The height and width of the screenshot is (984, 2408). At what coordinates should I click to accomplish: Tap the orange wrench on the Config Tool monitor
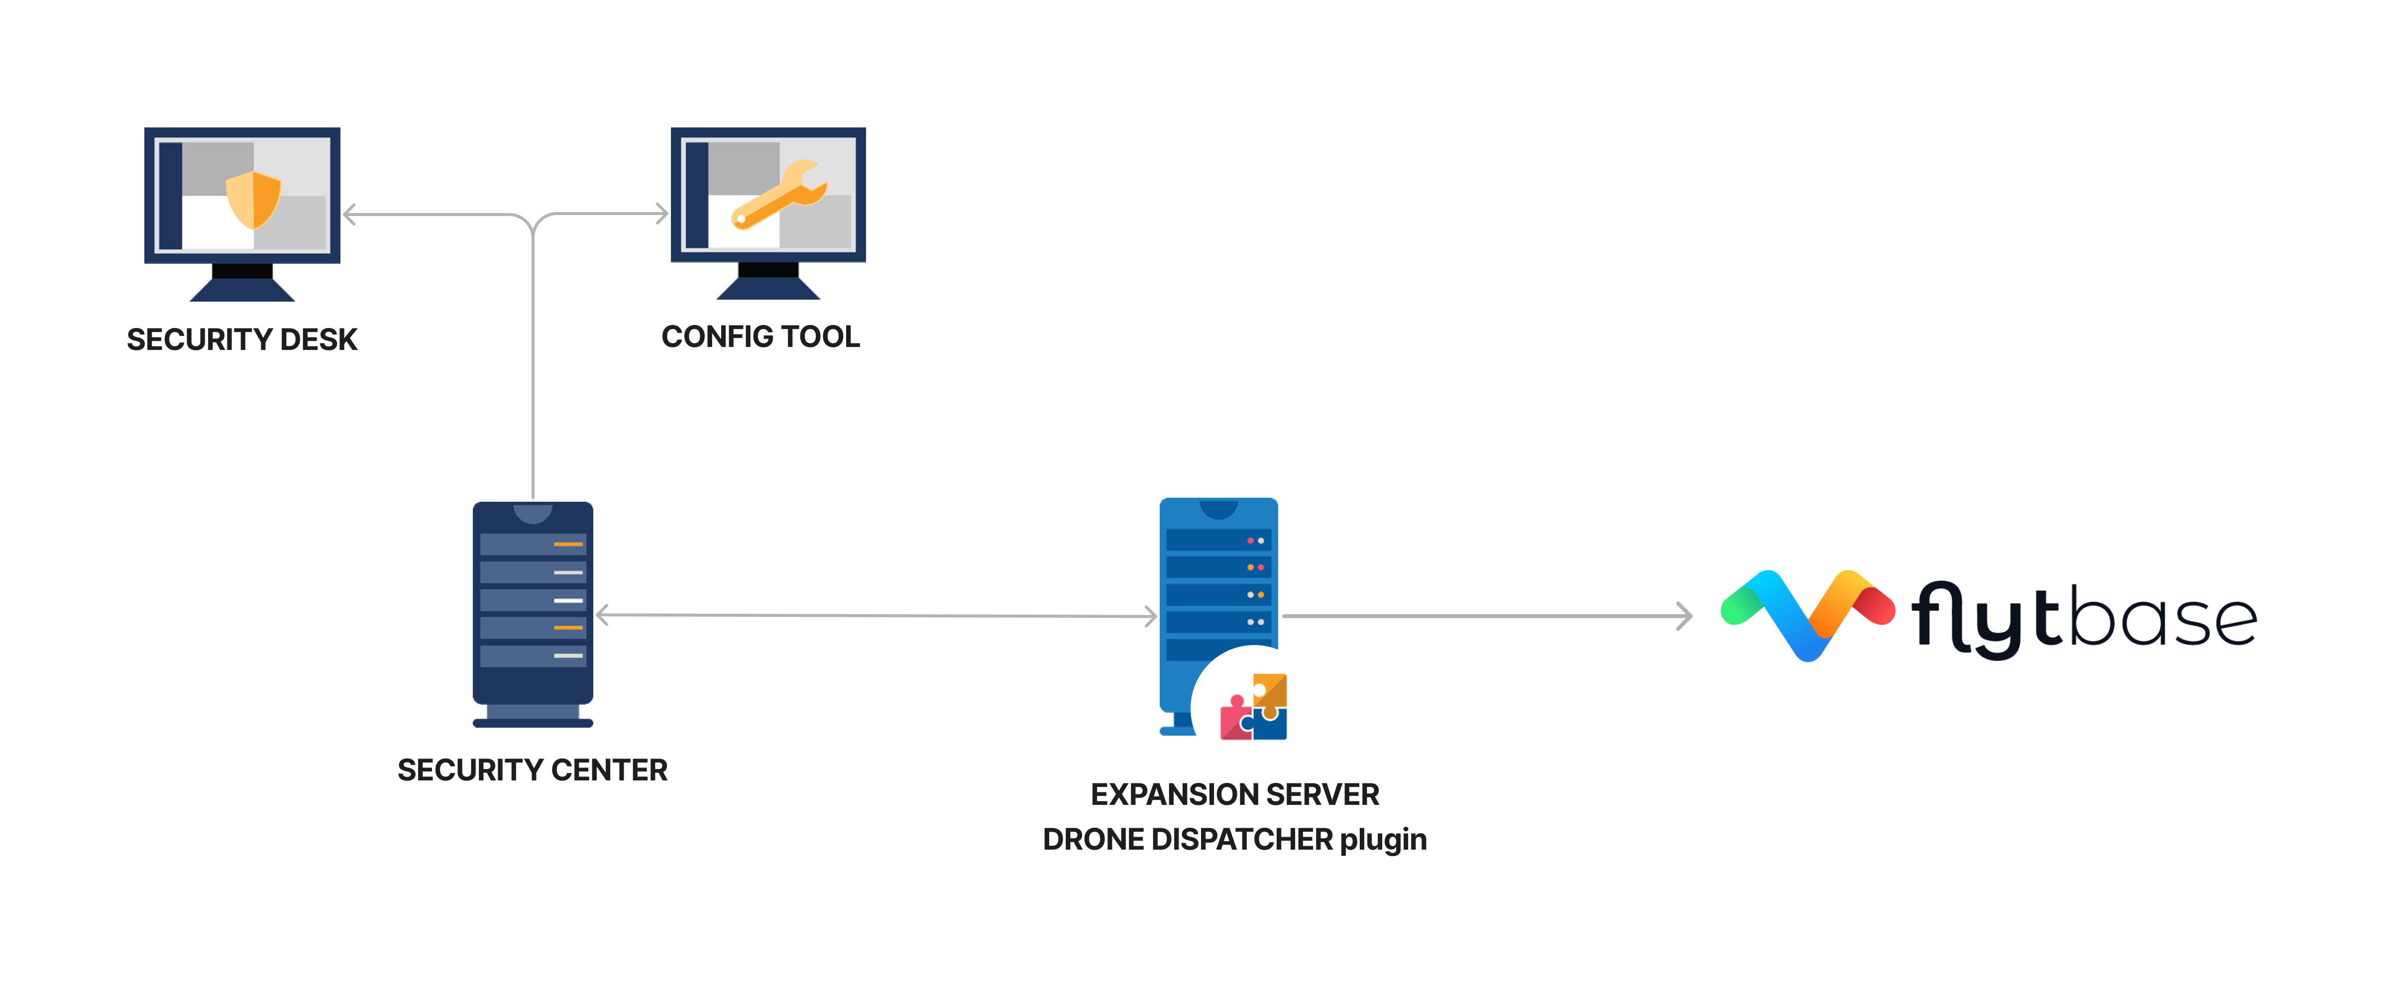click(x=778, y=195)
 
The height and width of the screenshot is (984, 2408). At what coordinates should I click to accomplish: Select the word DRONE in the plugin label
click(x=1093, y=839)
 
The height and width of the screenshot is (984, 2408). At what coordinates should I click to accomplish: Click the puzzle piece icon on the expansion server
click(x=1254, y=707)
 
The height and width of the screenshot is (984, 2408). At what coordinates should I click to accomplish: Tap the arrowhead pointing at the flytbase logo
click(x=1684, y=616)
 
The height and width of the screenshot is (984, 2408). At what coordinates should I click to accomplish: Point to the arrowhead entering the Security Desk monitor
click(x=349, y=215)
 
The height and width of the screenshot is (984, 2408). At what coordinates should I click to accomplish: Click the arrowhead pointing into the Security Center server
click(x=603, y=615)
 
